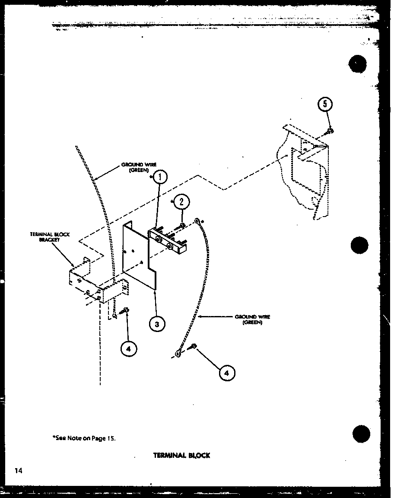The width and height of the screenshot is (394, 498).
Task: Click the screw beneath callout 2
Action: (181, 226)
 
